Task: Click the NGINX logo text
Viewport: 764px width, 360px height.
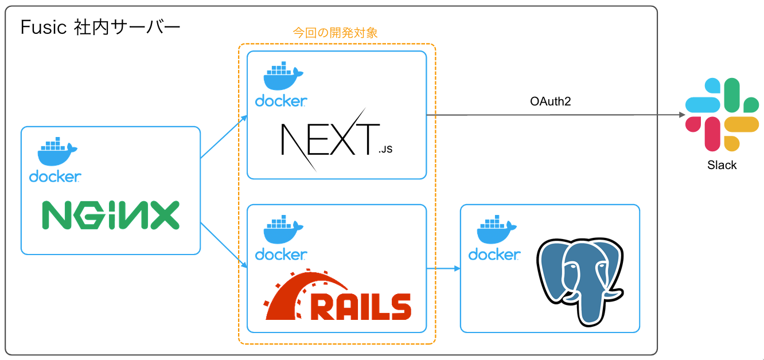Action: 111,215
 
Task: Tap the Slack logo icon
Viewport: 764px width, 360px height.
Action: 722,115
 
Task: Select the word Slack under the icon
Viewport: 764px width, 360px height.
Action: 722,165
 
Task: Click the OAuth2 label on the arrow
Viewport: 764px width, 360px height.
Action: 550,102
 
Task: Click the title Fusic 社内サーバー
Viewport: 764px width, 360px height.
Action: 100,27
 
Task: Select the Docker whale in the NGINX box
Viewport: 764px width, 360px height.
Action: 57,152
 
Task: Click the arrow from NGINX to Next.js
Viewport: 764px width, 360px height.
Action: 224,136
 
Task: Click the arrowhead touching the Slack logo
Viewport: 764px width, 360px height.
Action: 682,115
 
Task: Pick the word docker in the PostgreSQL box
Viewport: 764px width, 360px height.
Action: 494,254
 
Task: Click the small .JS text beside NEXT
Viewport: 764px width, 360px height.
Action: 385,151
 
